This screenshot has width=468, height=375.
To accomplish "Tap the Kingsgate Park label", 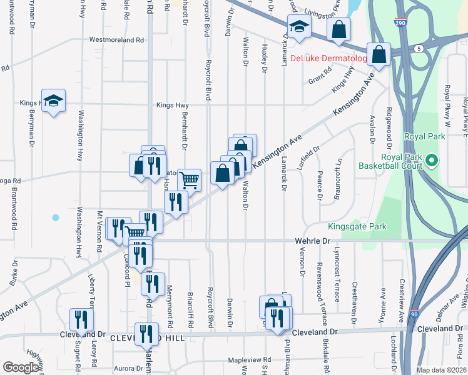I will point(355,227).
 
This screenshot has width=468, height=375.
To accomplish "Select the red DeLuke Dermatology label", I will point(328,59).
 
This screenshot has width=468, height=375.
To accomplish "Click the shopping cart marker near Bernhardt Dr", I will point(189,180).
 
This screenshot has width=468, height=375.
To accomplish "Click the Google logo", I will point(21,367).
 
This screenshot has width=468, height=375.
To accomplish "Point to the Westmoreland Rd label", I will point(117,39).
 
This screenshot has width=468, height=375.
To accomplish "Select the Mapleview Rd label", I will point(249,360).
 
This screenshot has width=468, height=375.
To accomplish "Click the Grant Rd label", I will point(320,81).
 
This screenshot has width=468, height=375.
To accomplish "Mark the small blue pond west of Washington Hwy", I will point(56,217).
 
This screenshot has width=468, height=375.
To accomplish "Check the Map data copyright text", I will point(441,370).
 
